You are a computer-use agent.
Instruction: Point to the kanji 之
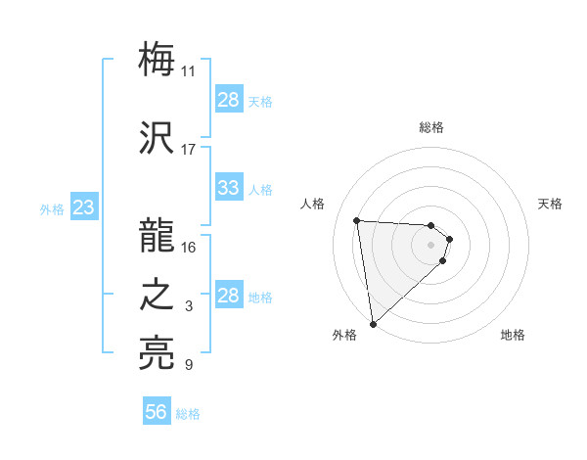click(x=158, y=295)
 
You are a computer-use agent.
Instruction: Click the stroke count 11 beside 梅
click(x=189, y=71)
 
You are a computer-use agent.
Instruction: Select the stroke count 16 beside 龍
click(x=189, y=248)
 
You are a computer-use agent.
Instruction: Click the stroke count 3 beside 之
click(x=189, y=307)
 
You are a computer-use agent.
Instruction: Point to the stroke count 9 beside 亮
click(x=189, y=366)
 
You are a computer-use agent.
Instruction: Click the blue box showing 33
click(x=228, y=188)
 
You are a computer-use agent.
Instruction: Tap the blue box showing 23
click(x=83, y=207)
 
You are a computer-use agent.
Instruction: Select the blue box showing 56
click(x=157, y=412)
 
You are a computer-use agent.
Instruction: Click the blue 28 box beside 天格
click(x=228, y=100)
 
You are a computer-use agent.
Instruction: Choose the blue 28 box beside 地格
click(x=228, y=296)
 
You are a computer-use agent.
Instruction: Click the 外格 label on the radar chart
click(x=344, y=335)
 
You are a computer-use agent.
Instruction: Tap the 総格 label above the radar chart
click(x=431, y=127)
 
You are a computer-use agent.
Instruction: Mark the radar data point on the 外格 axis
click(x=373, y=323)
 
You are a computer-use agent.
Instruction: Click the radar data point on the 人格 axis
click(x=357, y=220)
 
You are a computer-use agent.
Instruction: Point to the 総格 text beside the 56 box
click(x=188, y=414)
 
